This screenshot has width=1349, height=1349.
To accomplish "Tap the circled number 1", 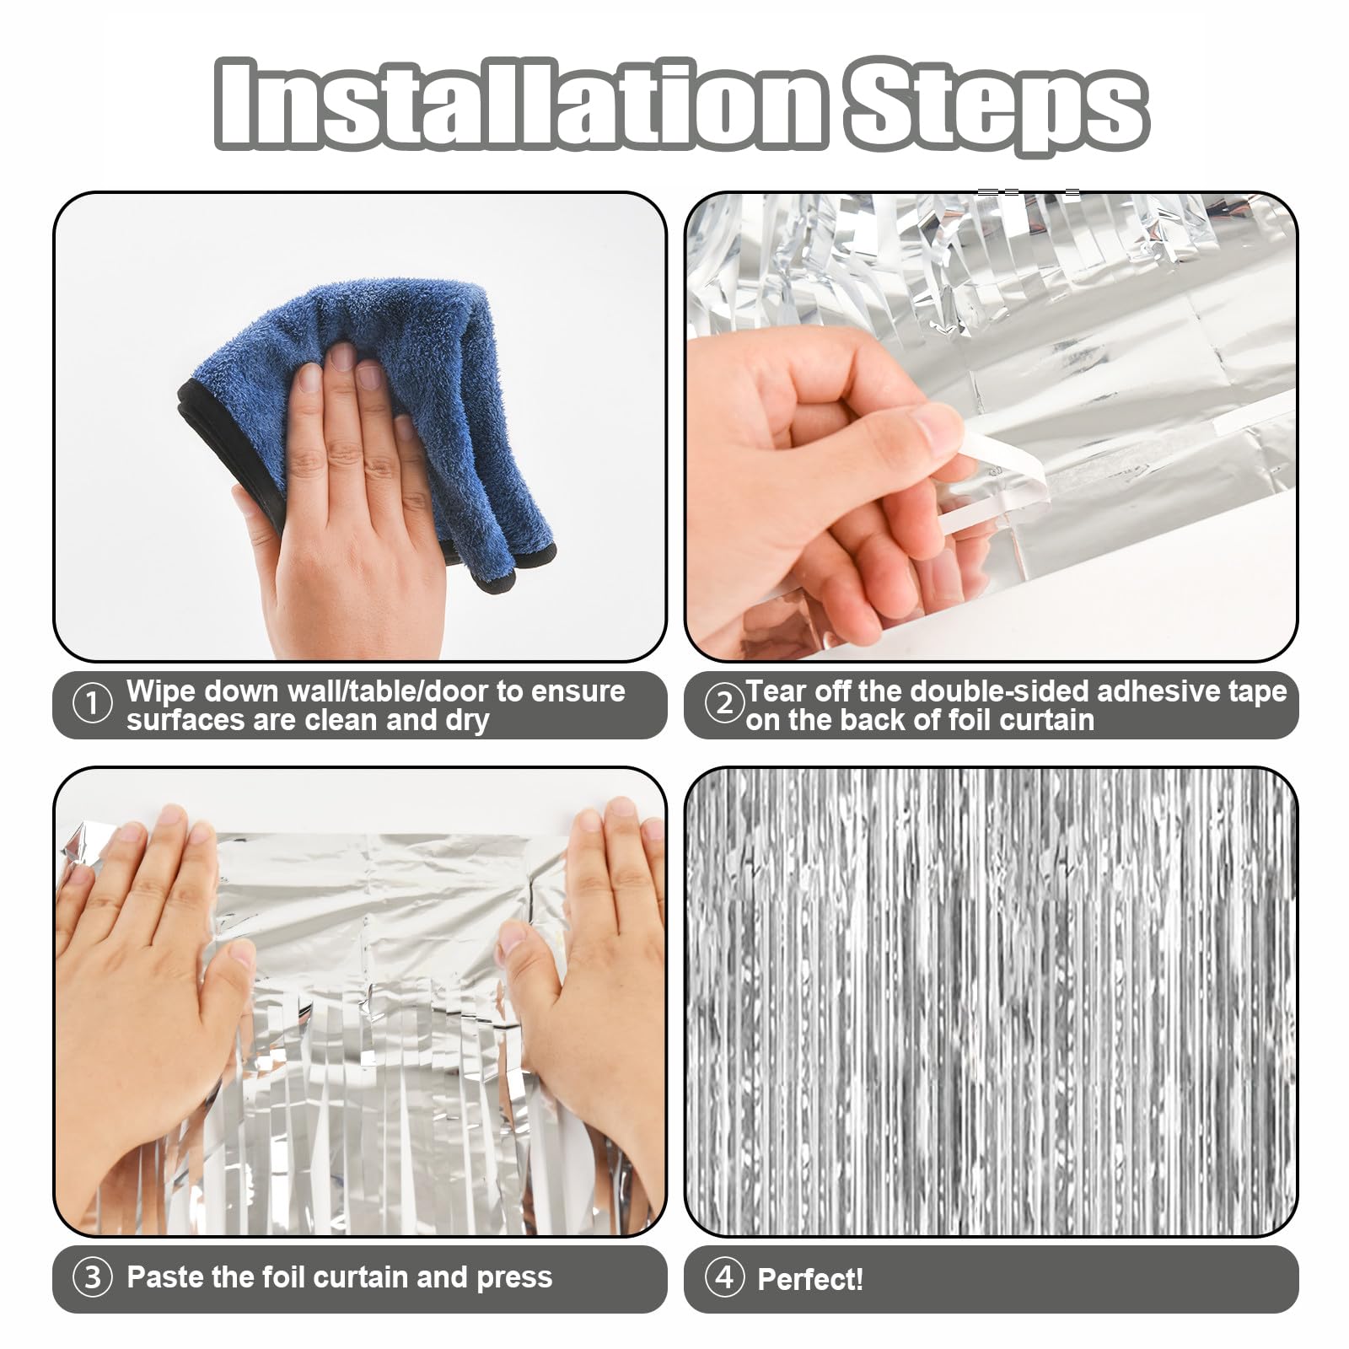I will [x=92, y=705].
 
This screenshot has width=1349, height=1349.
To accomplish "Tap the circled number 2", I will [x=723, y=704].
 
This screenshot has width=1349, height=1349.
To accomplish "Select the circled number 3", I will [x=92, y=1278].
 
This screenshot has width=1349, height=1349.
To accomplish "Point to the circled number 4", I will [x=723, y=1278].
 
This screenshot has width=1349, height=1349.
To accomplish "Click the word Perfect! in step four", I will [x=810, y=1280].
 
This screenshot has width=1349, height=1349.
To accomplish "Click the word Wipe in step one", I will [x=161, y=691].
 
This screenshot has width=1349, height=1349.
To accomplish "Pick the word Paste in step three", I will [x=165, y=1277].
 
